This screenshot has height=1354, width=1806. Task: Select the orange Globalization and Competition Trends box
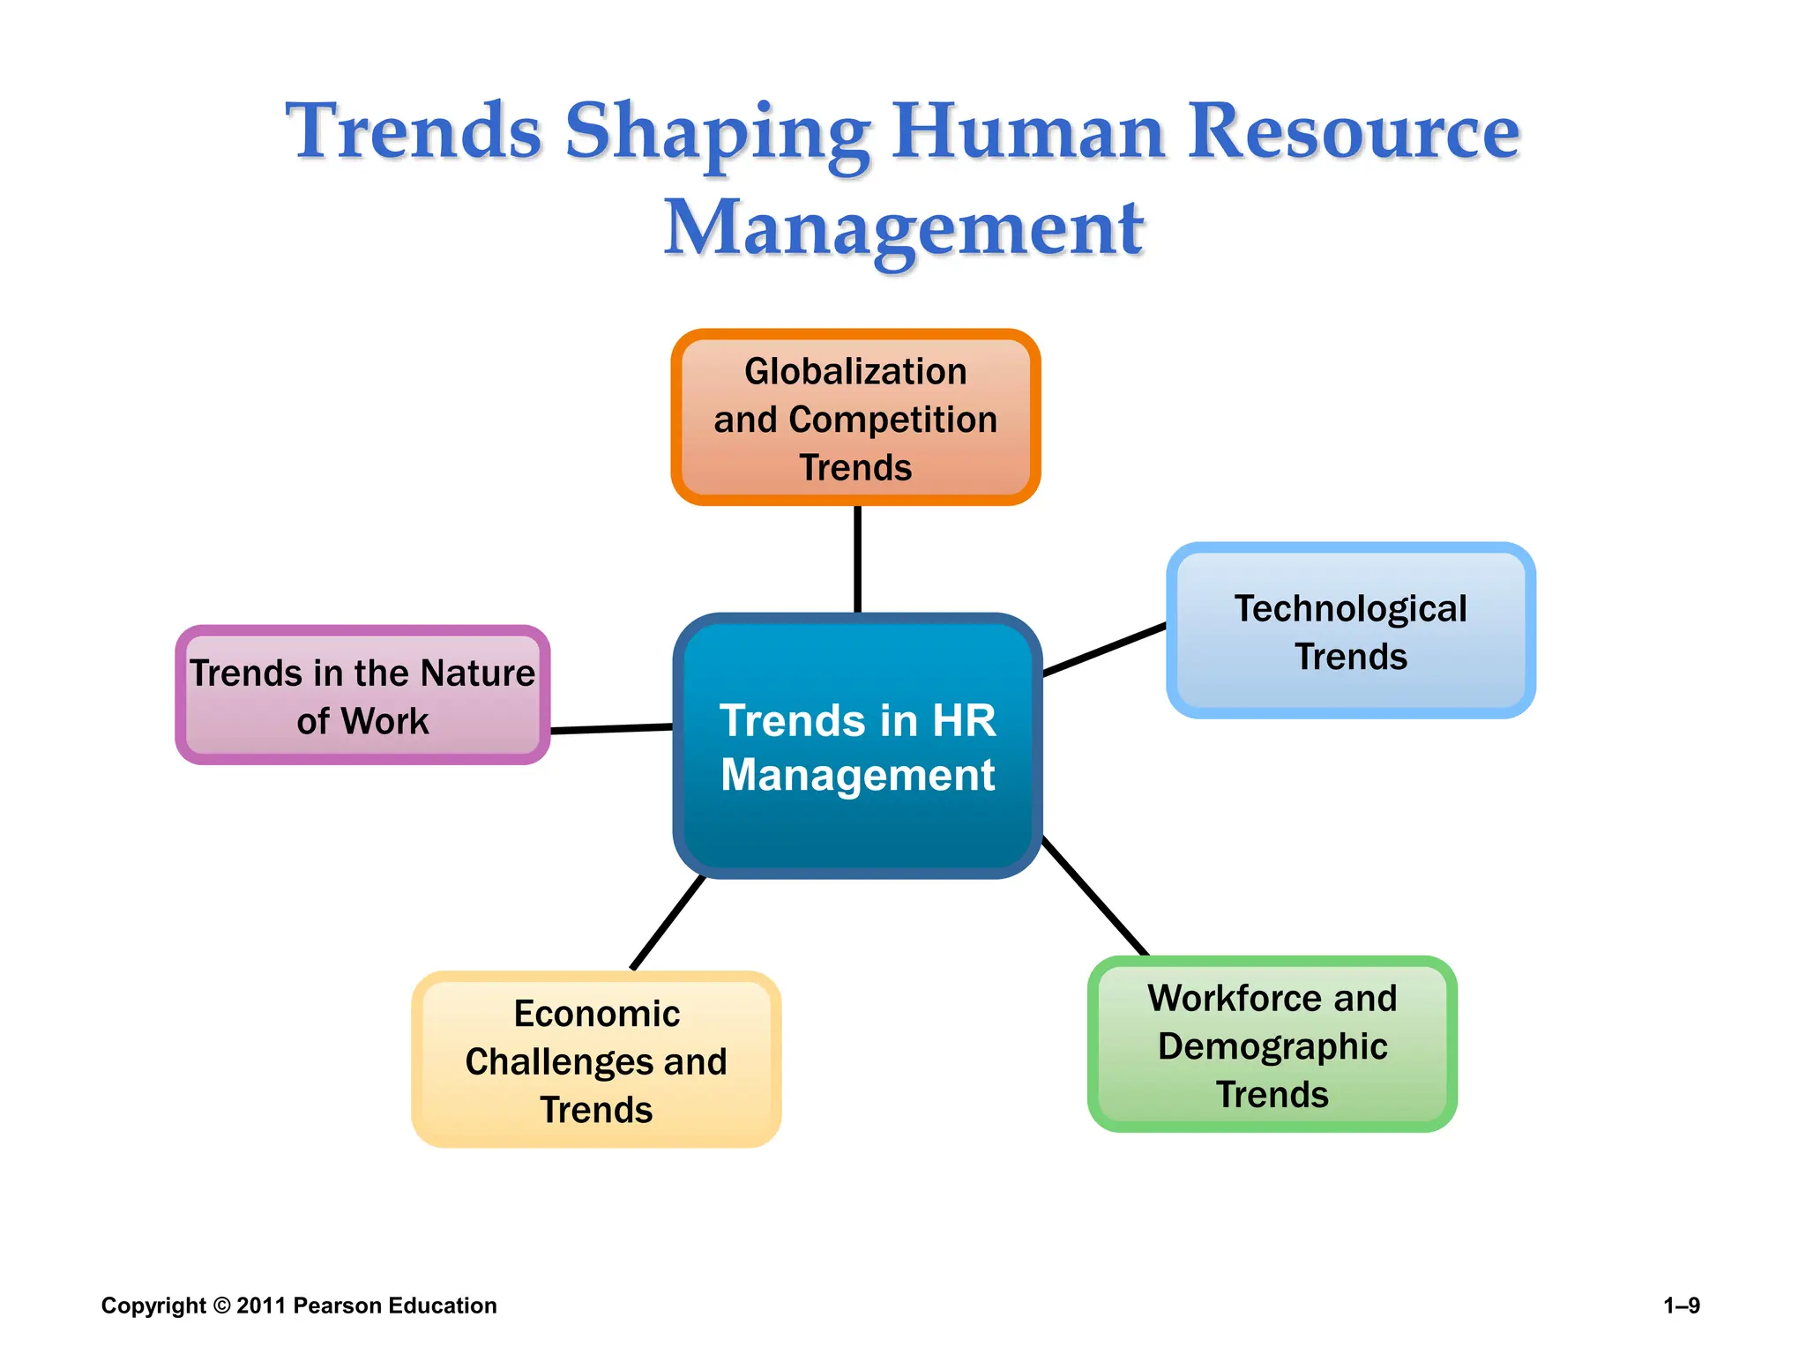point(855,418)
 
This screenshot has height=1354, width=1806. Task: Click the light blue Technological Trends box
point(1350,631)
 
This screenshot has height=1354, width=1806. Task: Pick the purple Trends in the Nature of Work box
point(362,696)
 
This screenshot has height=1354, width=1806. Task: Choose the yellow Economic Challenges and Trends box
point(596,1060)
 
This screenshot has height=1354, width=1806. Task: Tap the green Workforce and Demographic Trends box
point(1272,1045)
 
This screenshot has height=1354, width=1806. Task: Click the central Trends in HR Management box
point(857,748)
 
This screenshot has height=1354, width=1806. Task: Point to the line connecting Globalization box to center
point(857,559)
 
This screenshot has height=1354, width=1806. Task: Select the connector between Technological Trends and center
point(1104,650)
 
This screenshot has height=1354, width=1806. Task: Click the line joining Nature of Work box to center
point(611,728)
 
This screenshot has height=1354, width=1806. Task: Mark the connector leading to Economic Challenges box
point(668,922)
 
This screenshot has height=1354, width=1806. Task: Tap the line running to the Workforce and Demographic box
point(1094,896)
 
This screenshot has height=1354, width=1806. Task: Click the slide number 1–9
point(1681,1306)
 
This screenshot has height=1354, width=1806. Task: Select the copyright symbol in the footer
point(221,1306)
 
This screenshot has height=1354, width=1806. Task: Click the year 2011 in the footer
point(261,1306)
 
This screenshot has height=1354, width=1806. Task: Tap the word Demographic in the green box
point(1272,1046)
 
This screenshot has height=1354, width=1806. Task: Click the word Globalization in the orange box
point(855,371)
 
